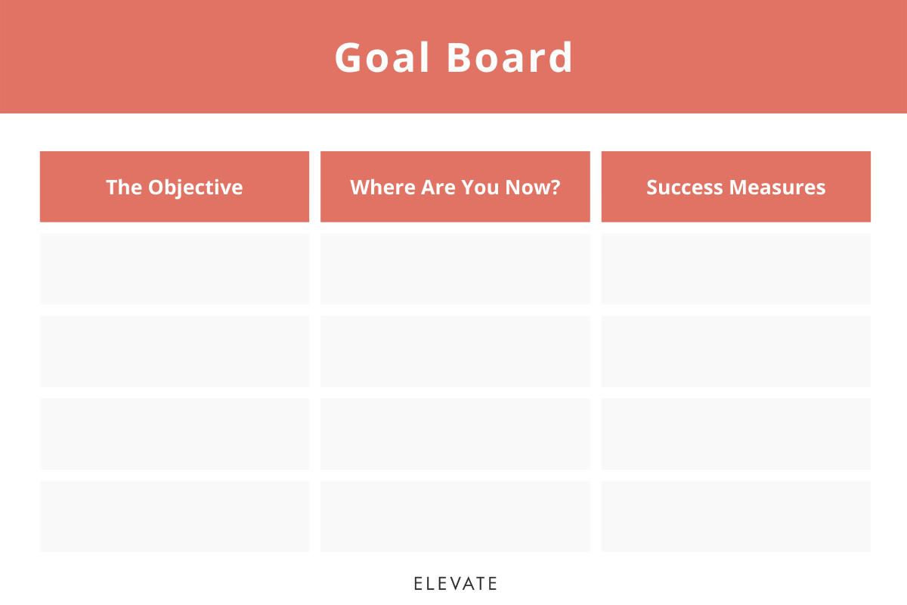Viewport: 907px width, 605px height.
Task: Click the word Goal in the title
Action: coord(382,57)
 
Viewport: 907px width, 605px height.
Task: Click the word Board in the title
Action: coord(510,57)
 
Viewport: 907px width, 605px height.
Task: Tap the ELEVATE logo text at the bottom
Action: coord(455,583)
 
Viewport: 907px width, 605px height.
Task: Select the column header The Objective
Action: coord(175,187)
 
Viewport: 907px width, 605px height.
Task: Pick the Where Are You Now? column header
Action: coord(455,187)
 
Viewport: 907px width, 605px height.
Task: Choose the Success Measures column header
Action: coord(736,187)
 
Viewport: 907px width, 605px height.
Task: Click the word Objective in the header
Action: coord(196,187)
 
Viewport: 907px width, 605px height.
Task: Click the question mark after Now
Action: coord(556,187)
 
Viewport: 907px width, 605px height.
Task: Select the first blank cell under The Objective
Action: coord(175,268)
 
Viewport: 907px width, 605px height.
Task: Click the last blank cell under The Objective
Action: coord(175,516)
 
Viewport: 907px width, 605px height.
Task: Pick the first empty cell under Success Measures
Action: coord(736,268)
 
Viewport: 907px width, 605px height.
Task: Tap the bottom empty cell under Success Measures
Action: coord(736,516)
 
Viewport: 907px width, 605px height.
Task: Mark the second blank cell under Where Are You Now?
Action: coord(455,351)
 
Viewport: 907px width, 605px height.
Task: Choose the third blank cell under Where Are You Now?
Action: coord(455,433)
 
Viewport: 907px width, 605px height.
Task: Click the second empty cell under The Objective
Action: coord(175,351)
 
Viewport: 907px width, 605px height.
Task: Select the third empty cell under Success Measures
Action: coord(736,433)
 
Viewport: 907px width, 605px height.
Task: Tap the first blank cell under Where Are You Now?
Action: coord(455,268)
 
